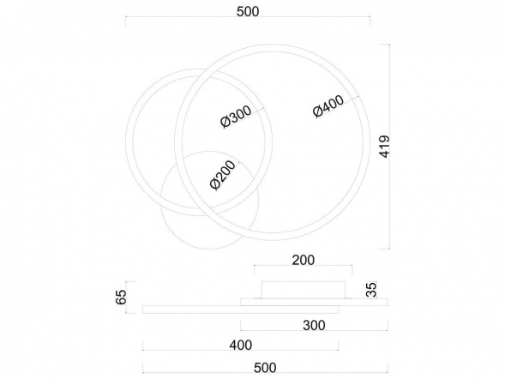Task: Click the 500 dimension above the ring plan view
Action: pyautogui.click(x=248, y=12)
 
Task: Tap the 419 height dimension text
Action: pyautogui.click(x=385, y=147)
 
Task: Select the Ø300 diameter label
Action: pyautogui.click(x=236, y=117)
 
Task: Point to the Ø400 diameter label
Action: pyautogui.click(x=328, y=106)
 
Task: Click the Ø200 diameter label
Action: pyautogui.click(x=223, y=175)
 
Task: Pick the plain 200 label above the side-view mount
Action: pyautogui.click(x=303, y=260)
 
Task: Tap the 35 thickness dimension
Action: pyautogui.click(x=371, y=290)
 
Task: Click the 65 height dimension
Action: pyautogui.click(x=121, y=297)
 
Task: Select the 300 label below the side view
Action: pyautogui.click(x=314, y=325)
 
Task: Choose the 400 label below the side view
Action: pyautogui.click(x=241, y=346)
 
